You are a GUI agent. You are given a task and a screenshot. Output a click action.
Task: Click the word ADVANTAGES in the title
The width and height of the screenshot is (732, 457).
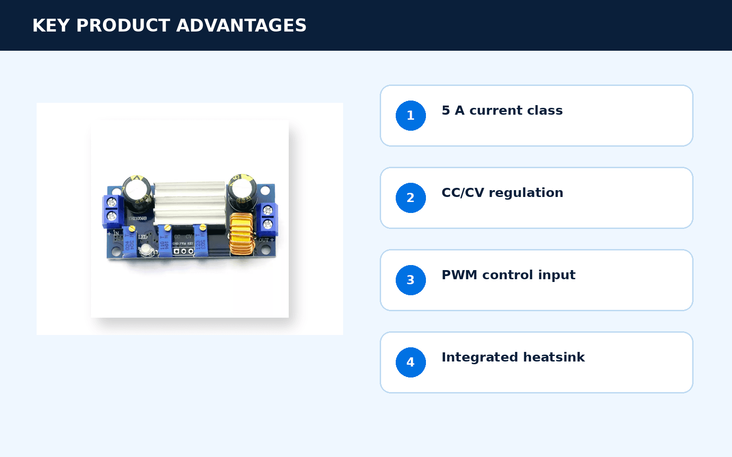(x=241, y=26)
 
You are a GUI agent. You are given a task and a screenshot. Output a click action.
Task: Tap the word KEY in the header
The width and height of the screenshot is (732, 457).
(x=51, y=26)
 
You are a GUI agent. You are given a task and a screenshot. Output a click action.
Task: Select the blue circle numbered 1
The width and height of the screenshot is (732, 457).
(x=410, y=116)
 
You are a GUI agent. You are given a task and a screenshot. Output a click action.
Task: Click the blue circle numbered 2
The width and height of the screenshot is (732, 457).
(x=410, y=198)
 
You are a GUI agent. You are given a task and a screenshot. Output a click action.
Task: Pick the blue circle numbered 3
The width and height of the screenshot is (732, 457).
(x=410, y=280)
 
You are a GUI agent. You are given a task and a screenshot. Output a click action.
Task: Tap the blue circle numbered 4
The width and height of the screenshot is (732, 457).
(x=410, y=362)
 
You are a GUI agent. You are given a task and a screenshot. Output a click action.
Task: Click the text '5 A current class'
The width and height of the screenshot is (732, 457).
(x=502, y=110)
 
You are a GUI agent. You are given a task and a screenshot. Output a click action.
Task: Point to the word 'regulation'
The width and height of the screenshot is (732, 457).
(x=526, y=193)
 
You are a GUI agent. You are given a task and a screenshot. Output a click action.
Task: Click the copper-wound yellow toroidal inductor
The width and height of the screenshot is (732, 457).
(x=242, y=234)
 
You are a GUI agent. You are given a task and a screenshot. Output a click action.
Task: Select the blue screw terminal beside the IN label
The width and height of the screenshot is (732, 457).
(x=112, y=211)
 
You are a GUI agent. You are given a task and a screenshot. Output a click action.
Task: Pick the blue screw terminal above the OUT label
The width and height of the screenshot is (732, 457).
(x=268, y=219)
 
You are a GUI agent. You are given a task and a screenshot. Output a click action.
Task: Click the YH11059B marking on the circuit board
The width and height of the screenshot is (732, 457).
(x=137, y=218)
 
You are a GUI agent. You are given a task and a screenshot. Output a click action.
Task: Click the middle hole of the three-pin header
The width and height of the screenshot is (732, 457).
(x=183, y=251)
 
